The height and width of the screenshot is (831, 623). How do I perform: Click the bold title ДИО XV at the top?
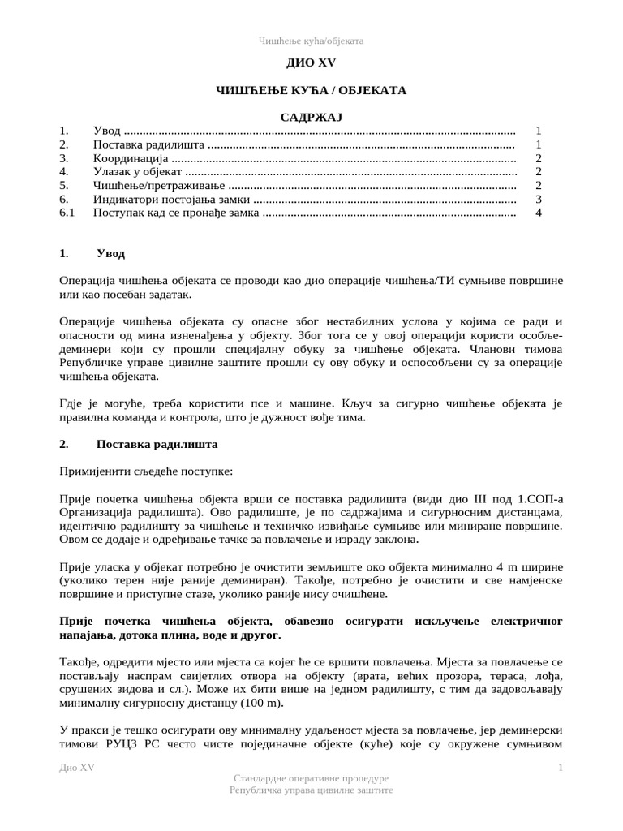pos(311,62)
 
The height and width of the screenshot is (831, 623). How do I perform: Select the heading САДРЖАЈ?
pos(311,118)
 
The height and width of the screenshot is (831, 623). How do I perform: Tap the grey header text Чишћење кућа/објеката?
pos(311,40)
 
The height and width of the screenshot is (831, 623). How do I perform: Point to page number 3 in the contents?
pos(538,200)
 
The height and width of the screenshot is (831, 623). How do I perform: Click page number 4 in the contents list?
pos(538,213)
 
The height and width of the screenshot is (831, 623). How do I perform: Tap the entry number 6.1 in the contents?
pos(67,213)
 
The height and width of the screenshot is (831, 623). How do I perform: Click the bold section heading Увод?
pos(110,254)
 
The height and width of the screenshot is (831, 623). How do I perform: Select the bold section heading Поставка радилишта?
pos(157,445)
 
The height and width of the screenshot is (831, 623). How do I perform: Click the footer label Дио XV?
pos(77,769)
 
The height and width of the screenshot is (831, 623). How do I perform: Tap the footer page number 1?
pos(560,769)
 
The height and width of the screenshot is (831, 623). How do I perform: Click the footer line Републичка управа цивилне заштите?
pos(311,790)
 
